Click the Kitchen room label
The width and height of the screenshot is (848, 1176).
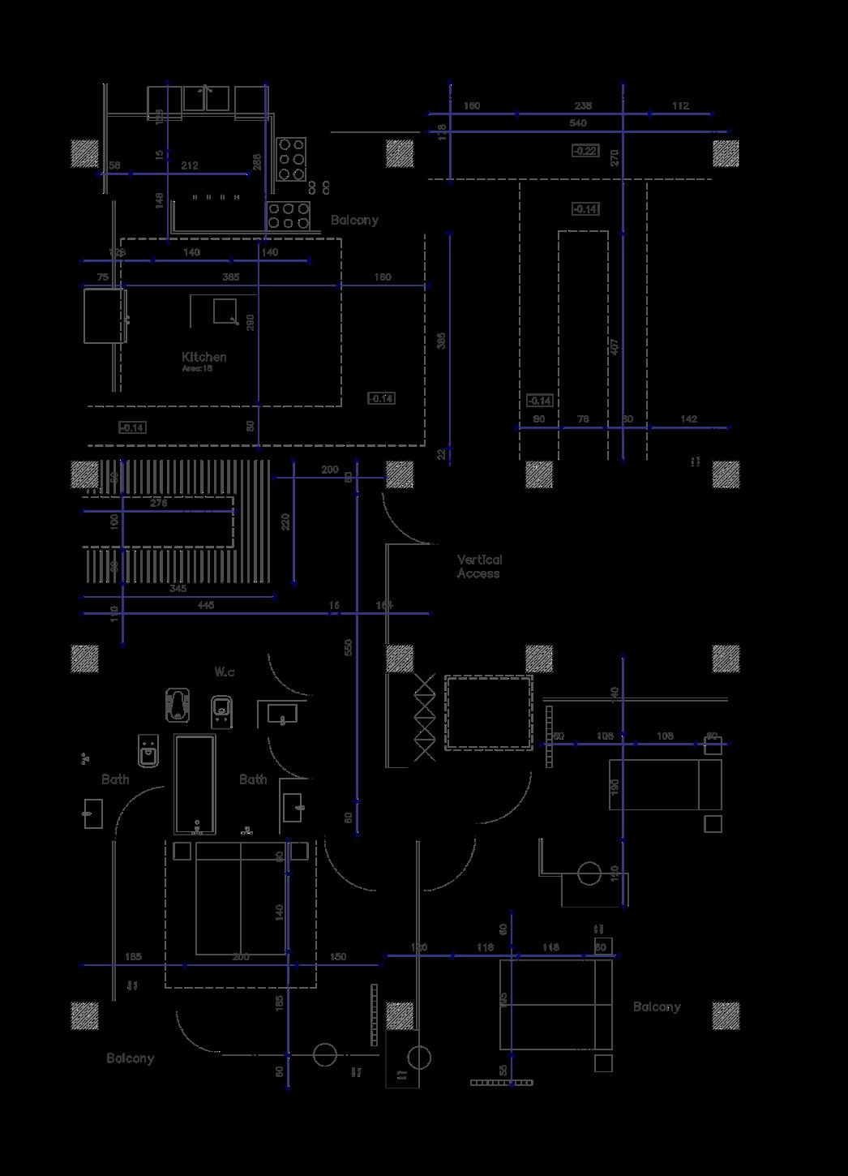[203, 357]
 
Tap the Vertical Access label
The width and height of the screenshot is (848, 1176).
[479, 566]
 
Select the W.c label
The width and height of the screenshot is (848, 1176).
[225, 672]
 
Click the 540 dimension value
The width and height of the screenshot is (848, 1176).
[578, 123]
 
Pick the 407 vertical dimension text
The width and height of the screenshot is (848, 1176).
[614, 346]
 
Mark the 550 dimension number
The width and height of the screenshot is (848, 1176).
[349, 647]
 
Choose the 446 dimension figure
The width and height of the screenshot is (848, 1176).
[205, 605]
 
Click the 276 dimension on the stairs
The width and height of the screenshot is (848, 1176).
[159, 503]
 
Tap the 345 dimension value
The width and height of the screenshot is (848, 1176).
[178, 588]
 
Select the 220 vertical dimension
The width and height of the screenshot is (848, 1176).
[285, 522]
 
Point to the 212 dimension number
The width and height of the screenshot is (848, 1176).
[189, 165]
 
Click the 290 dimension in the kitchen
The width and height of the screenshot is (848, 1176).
[251, 323]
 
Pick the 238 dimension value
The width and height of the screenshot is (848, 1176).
[583, 105]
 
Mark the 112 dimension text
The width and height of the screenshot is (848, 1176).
[679, 105]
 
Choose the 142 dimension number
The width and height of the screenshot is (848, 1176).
[688, 418]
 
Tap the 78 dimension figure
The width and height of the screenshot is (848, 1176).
[582, 418]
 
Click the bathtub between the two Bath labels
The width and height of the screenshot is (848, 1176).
[195, 784]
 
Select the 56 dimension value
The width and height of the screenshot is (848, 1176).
[114, 165]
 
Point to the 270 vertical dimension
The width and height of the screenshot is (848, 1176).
[614, 157]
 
